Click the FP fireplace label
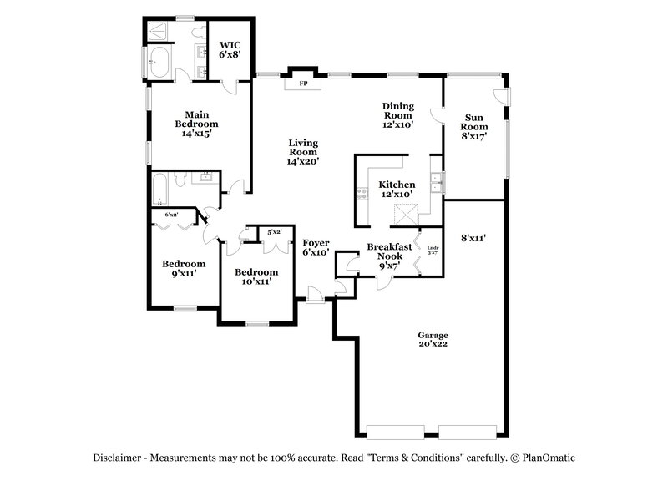[303, 84]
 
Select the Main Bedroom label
[196, 123]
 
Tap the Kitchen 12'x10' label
[397, 189]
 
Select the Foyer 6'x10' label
[316, 247]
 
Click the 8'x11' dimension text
[473, 239]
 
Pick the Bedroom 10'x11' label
[256, 277]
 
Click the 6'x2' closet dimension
[171, 215]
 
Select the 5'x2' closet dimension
[274, 231]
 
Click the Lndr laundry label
[433, 249]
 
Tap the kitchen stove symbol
[362, 195]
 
